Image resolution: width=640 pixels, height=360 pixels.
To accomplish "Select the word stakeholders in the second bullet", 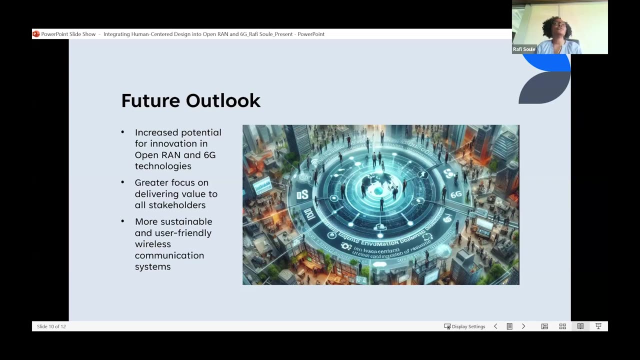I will [x=170, y=205].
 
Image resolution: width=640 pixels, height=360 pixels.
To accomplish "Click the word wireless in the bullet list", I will [x=152, y=244].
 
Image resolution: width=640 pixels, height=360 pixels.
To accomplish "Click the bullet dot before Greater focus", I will [x=123, y=182].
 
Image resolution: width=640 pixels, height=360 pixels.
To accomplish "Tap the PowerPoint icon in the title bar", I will [x=36, y=34].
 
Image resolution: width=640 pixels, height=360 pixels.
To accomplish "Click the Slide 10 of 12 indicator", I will [x=51, y=326].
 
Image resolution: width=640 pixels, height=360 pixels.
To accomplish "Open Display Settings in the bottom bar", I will [x=464, y=326].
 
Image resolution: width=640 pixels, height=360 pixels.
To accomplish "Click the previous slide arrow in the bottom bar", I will [x=495, y=326].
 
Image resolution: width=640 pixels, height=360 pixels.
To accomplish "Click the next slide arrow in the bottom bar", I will [x=523, y=326].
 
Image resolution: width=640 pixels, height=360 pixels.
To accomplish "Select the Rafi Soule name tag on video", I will [x=524, y=49].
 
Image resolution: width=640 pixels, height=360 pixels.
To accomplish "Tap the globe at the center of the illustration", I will [x=379, y=191].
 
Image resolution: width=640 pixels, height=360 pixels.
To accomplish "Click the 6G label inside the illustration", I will [x=455, y=194].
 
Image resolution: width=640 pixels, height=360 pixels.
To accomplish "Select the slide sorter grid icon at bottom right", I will [x=562, y=326].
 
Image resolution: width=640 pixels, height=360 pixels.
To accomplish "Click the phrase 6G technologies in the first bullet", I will [x=175, y=160].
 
